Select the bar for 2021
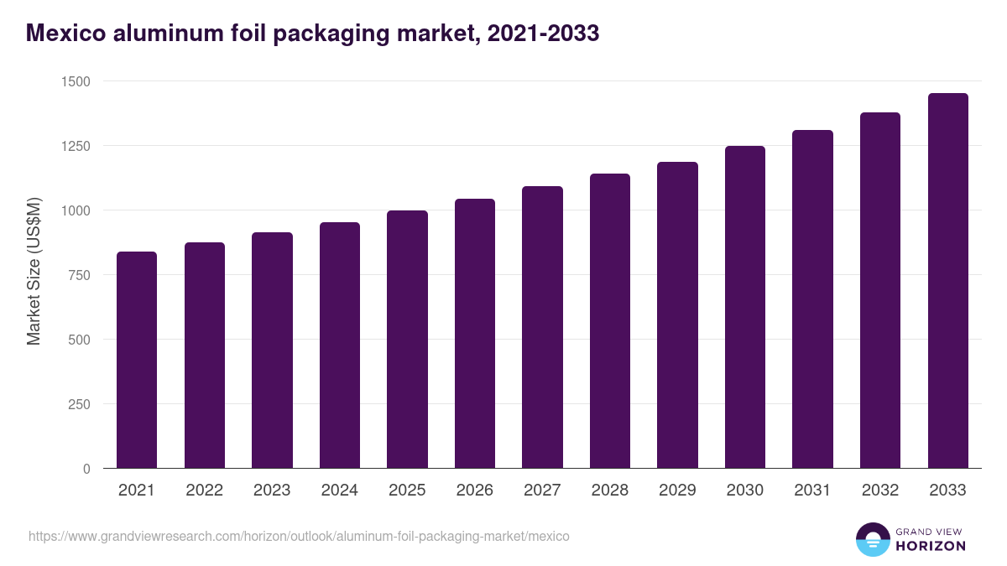137,360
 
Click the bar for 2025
407,340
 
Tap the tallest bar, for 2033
947,281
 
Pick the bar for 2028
609,321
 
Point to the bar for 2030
744,307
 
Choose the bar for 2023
272,351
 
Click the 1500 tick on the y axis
75,81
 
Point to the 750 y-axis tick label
78,275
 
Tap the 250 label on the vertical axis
78,404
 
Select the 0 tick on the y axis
86,469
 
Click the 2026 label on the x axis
474,491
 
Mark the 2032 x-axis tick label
879,491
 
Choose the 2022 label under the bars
204,491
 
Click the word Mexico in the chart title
65,34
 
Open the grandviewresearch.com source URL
299,536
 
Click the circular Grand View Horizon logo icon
872,539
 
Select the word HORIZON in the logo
931,546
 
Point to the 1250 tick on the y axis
75,146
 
